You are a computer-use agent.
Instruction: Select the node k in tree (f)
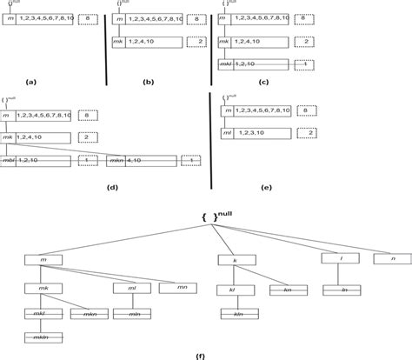point(234,259)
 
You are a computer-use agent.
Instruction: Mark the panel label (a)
point(32,81)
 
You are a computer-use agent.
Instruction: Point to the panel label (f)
point(202,355)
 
